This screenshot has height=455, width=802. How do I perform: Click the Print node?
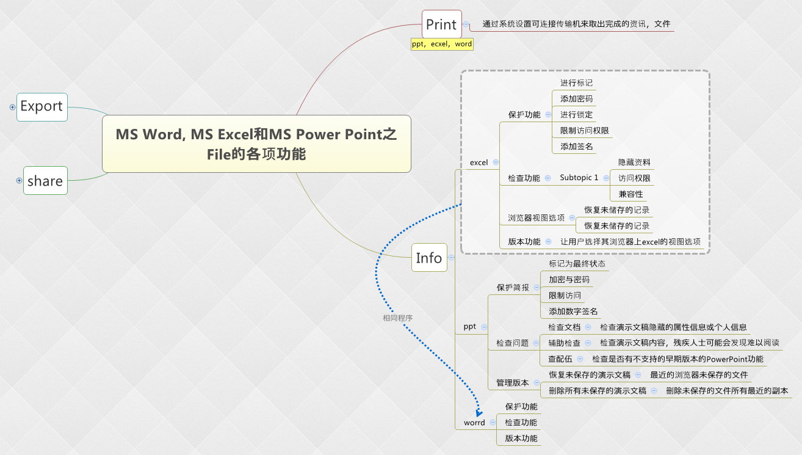(x=441, y=24)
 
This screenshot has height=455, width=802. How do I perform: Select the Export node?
(x=42, y=107)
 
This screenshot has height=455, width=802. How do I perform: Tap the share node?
(x=45, y=181)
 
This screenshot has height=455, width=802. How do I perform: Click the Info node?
(x=428, y=258)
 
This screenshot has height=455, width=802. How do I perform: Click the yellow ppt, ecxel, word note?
(x=442, y=44)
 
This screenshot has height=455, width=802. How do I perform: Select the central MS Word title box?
(x=256, y=144)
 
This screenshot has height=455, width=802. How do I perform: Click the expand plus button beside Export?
(x=12, y=107)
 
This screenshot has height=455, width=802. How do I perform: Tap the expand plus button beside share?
(x=19, y=180)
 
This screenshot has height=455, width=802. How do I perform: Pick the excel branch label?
(x=479, y=162)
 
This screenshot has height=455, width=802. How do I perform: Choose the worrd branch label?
(x=474, y=423)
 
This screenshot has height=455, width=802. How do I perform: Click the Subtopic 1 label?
(x=579, y=178)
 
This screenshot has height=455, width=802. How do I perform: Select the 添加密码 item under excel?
(x=576, y=98)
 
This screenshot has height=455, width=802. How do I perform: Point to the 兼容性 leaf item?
(x=630, y=194)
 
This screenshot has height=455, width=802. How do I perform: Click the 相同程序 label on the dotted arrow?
(x=397, y=318)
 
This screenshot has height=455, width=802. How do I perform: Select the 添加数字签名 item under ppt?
(x=573, y=311)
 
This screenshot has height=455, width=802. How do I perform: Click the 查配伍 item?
(x=560, y=359)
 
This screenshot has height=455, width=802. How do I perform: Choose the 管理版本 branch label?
(x=512, y=383)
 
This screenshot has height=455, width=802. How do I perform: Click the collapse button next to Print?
(x=466, y=24)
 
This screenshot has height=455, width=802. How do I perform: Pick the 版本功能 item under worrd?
(x=521, y=439)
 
